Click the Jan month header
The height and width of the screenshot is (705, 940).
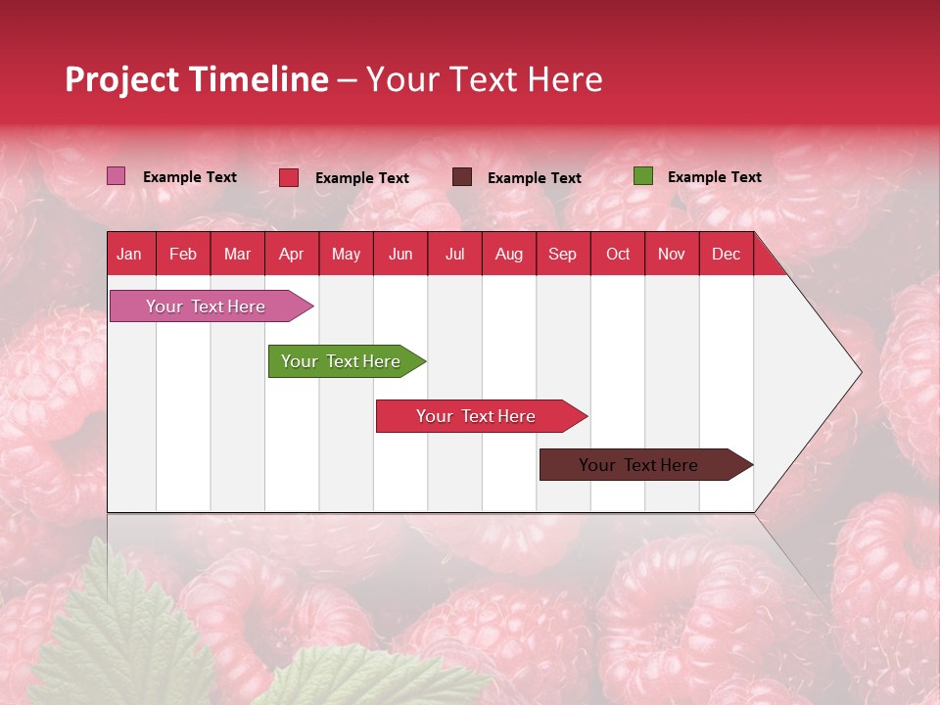[x=129, y=255]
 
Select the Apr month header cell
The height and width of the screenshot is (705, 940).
[x=292, y=255]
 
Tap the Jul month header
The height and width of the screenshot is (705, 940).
[x=454, y=255]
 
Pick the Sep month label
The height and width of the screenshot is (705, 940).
[x=562, y=255]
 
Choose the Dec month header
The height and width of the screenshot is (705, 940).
[x=726, y=255]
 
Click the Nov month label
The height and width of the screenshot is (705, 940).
[x=672, y=255]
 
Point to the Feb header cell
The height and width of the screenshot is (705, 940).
[x=183, y=255]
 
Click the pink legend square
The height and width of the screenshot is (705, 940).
[x=116, y=176]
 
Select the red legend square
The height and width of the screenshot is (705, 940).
[x=289, y=177]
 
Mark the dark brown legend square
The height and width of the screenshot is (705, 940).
[x=462, y=177]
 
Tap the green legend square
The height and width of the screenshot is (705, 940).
[x=642, y=176]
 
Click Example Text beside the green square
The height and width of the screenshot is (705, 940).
[x=714, y=177]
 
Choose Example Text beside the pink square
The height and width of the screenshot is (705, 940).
[x=189, y=177]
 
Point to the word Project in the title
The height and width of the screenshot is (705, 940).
[x=121, y=79]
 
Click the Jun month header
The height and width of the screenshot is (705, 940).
[x=400, y=255]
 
